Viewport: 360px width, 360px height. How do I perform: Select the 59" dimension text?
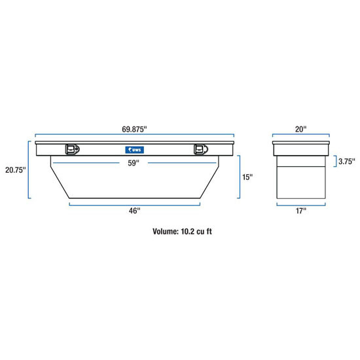point(134,163)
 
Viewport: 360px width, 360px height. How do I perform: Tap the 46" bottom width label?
point(134,211)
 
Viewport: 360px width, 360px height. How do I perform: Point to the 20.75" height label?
point(14,170)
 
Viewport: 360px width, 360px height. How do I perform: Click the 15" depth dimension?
point(247,177)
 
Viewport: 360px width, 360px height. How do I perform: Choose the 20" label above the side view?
point(300,130)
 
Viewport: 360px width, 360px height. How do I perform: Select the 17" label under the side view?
point(300,211)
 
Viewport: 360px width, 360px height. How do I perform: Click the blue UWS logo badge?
point(135,150)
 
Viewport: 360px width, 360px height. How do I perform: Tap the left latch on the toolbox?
point(71,150)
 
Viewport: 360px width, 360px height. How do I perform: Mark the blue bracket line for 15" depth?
point(240,177)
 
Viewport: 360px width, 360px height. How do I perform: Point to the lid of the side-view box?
point(300,145)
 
